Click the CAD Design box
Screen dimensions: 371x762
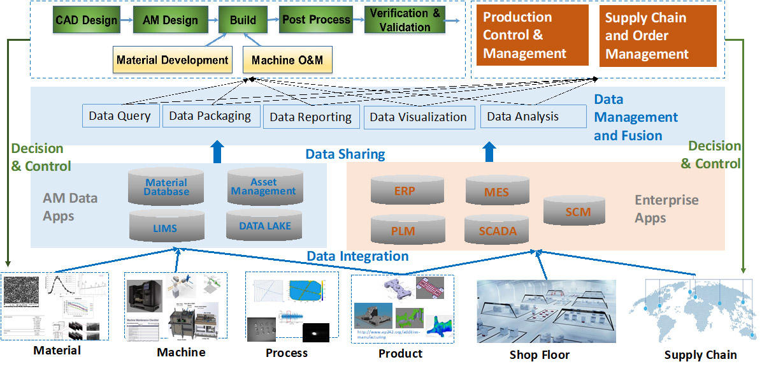tap(86, 20)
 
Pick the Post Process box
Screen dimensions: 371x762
tap(317, 20)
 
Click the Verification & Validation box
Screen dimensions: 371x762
tap(405, 20)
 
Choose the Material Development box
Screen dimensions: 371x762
tap(172, 61)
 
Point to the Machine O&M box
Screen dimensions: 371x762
tap(287, 61)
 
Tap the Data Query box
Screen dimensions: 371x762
tap(120, 116)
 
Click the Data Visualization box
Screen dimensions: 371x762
tap(419, 117)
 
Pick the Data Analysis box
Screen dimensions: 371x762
tap(533, 116)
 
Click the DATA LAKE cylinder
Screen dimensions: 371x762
tap(264, 226)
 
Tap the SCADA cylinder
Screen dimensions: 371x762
tap(498, 231)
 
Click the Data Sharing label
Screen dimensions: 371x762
tap(345, 154)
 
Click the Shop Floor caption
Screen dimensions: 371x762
tap(540, 355)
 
